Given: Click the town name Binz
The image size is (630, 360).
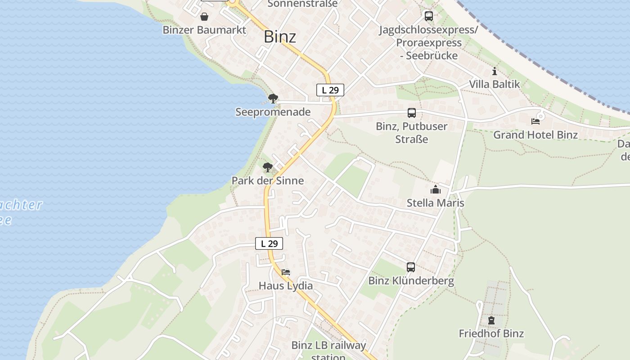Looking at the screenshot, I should click(x=280, y=36).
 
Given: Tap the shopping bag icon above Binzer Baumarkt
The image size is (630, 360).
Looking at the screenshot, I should click(x=204, y=17).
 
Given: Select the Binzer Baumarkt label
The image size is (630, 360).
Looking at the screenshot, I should click(x=204, y=30).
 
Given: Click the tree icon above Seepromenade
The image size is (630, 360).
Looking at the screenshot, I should click(x=273, y=99).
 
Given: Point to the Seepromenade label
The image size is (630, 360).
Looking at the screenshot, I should click(x=273, y=112).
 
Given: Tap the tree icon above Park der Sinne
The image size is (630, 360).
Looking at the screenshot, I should click(x=268, y=167).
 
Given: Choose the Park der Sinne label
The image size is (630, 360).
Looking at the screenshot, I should click(x=268, y=180).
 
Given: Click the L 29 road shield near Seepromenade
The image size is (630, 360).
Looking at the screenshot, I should click(x=330, y=90).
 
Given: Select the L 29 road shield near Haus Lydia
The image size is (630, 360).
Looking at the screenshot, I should click(x=269, y=243).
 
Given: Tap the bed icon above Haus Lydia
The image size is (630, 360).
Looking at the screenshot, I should click(x=286, y=272).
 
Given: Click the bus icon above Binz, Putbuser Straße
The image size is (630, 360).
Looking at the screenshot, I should click(x=412, y=113).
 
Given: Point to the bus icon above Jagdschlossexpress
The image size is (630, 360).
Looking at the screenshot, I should click(x=429, y=16).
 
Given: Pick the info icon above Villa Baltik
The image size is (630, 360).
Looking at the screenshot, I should click(x=495, y=71).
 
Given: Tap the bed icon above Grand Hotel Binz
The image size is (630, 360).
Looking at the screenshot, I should click(x=535, y=121).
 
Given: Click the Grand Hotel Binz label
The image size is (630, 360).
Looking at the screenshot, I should click(x=535, y=135).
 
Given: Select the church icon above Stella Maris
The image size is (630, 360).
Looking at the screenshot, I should click(x=435, y=189).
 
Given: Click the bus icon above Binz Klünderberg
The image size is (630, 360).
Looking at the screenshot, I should click(x=411, y=267).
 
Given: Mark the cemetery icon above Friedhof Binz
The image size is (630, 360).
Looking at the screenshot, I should click(x=491, y=320).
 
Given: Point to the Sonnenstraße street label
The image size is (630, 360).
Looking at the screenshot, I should click(x=302, y=4).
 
